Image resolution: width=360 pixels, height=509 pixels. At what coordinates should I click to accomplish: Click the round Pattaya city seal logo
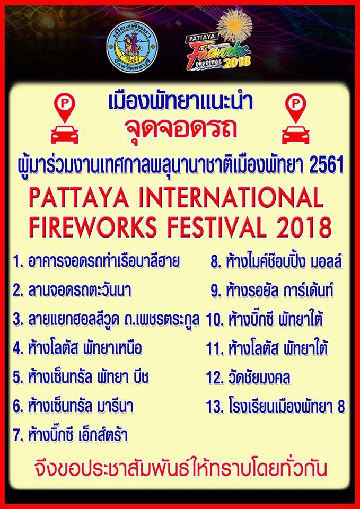(x=132, y=47)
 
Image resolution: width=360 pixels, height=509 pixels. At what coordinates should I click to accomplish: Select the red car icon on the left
(x=65, y=135)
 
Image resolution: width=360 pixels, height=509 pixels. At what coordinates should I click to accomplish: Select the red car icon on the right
(x=295, y=135)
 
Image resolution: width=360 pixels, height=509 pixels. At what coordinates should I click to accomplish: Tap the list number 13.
(x=214, y=407)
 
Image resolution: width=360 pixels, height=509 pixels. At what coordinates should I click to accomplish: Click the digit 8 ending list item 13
(x=340, y=407)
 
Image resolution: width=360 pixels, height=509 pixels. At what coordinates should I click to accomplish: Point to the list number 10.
(x=214, y=320)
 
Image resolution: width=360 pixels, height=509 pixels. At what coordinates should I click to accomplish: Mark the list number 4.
(x=18, y=349)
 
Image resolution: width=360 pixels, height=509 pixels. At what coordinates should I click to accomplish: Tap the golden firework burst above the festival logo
(x=235, y=25)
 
